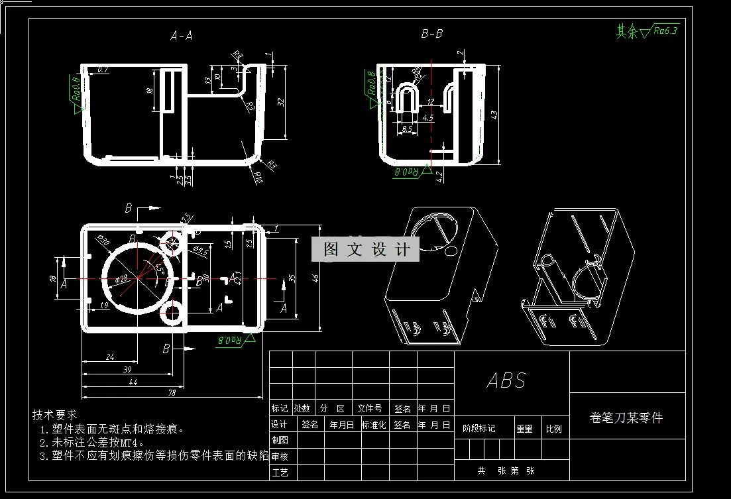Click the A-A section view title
(x=181, y=36)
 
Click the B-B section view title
(x=431, y=34)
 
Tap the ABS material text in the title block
(x=506, y=380)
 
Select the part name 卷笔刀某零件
(x=626, y=417)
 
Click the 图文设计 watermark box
(x=366, y=249)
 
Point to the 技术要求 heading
(x=55, y=415)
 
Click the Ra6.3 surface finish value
(x=665, y=30)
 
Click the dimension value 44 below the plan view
(x=133, y=382)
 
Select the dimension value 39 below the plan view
(x=127, y=369)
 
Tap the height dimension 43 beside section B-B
(x=493, y=114)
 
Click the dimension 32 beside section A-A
(x=280, y=102)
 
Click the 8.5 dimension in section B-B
(x=407, y=128)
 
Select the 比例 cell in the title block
(x=553, y=429)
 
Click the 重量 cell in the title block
(x=524, y=429)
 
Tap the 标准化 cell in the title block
(x=374, y=425)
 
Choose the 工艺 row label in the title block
(x=280, y=472)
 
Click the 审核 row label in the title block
(x=280, y=457)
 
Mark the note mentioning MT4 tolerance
(x=92, y=442)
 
